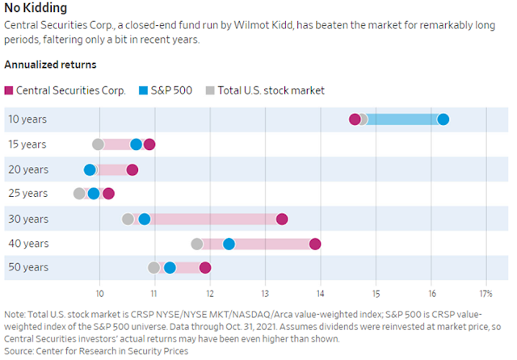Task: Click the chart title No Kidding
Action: (x=36, y=8)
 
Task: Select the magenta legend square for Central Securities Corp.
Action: (x=10, y=90)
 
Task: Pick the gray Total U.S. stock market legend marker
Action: (x=212, y=90)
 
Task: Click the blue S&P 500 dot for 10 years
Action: (x=443, y=119)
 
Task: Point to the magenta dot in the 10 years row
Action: (x=355, y=119)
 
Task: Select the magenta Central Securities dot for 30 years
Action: (x=282, y=219)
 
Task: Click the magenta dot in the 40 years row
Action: (x=315, y=244)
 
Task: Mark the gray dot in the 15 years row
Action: (x=99, y=144)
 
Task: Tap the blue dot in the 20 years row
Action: (x=90, y=170)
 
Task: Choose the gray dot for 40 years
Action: (x=197, y=244)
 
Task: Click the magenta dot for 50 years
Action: (x=204, y=268)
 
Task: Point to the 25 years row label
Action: (x=27, y=194)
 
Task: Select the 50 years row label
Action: (x=27, y=268)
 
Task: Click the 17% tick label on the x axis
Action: (x=486, y=293)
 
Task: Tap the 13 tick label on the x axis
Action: (x=265, y=293)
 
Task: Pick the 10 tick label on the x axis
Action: (x=99, y=293)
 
